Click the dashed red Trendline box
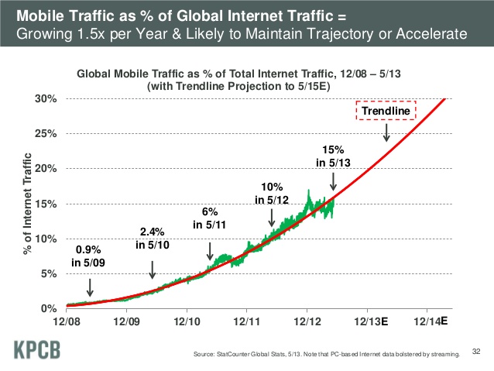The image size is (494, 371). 386,112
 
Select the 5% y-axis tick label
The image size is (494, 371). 48,273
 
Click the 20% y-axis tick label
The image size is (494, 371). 46,169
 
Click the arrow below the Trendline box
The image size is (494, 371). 386,132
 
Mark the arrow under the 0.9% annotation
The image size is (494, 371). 91,287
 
